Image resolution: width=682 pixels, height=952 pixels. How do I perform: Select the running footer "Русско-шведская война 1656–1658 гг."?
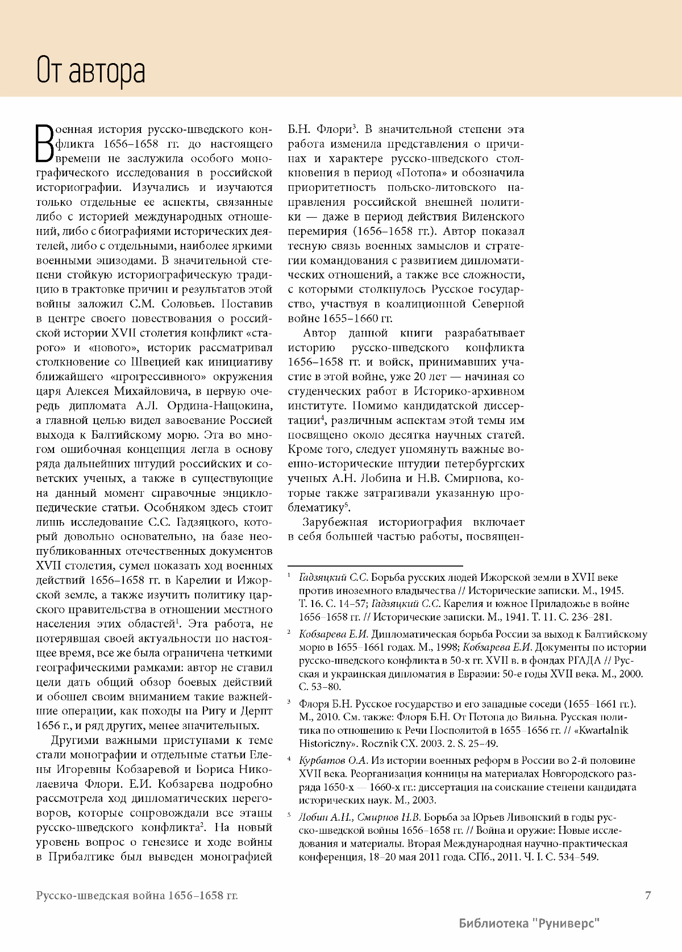[x=136, y=896]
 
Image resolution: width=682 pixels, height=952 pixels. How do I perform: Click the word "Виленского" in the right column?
[x=493, y=217]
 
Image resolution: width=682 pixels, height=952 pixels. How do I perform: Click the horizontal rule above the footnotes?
[x=376, y=566]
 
